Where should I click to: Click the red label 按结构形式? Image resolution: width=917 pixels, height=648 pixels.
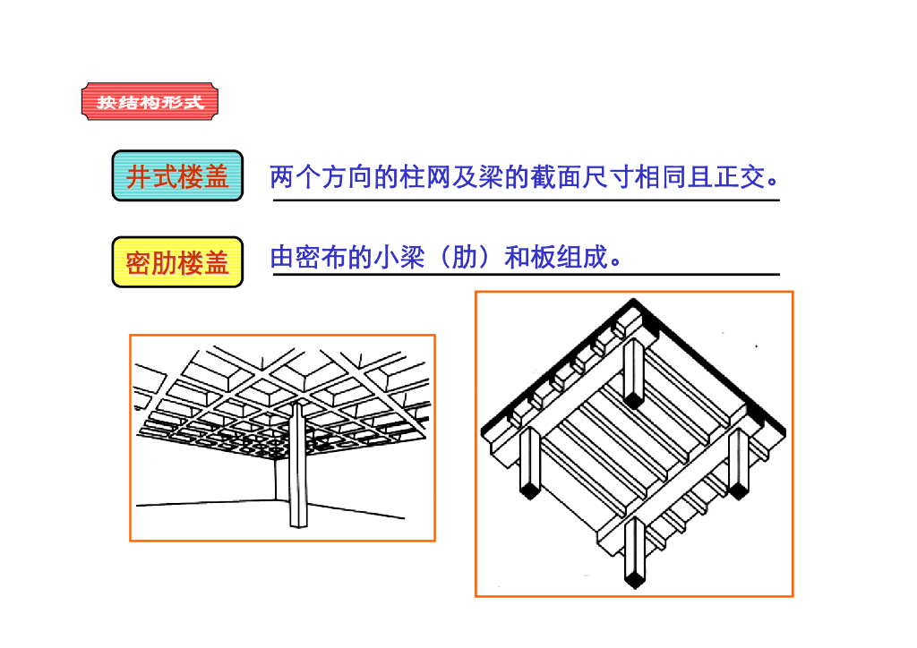pos(150,101)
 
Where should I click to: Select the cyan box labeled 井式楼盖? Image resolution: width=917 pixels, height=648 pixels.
pos(177,176)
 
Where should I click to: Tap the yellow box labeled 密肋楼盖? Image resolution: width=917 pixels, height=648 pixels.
pos(177,262)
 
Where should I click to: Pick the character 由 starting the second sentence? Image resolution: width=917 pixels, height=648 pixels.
pos(282,259)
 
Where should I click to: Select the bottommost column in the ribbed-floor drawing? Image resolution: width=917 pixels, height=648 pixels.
pos(634,550)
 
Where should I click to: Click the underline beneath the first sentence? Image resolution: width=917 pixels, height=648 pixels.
pos(526,200)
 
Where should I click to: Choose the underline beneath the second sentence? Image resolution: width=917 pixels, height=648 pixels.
pos(526,275)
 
